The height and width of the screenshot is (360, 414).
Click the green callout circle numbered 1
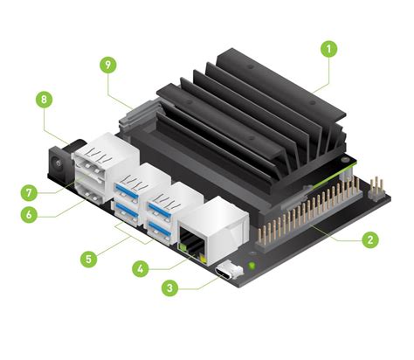tap(328, 49)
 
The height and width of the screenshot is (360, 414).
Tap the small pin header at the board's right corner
tap(376, 185)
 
